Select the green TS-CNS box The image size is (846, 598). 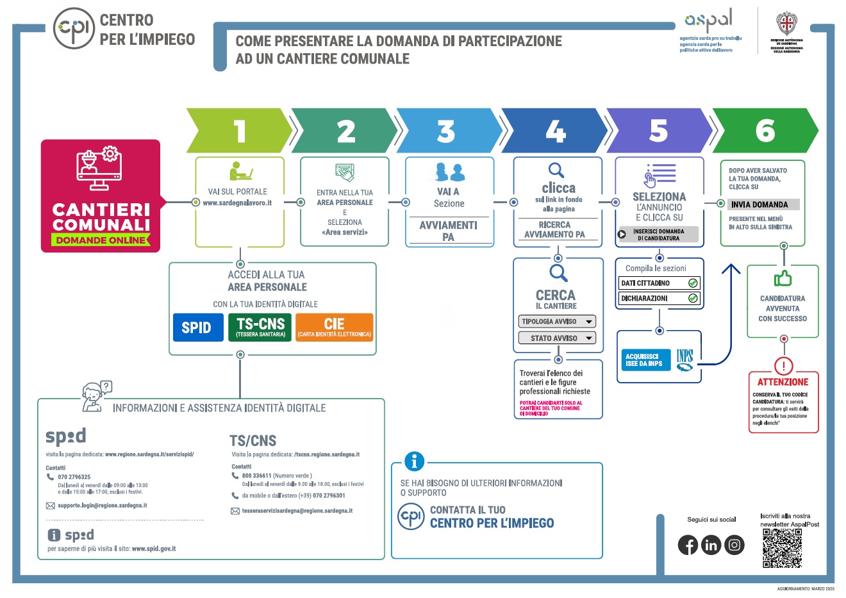(x=260, y=327)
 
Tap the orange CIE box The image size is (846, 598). (x=334, y=327)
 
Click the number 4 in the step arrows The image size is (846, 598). (x=555, y=131)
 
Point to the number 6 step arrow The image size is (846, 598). (x=765, y=131)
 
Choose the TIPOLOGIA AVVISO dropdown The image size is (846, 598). (x=557, y=322)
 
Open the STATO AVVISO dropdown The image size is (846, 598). (x=557, y=338)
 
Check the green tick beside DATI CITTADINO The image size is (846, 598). (x=693, y=283)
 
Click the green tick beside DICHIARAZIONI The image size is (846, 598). (x=693, y=298)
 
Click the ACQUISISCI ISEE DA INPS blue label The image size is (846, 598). (x=643, y=360)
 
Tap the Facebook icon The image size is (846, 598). (x=688, y=545)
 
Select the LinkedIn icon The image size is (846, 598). (x=711, y=545)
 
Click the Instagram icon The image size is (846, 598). (x=734, y=545)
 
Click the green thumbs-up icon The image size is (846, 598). (x=783, y=279)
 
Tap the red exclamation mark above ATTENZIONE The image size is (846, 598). (x=783, y=366)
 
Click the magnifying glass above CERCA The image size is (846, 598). (x=558, y=273)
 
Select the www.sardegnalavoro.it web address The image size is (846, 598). (x=237, y=203)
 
